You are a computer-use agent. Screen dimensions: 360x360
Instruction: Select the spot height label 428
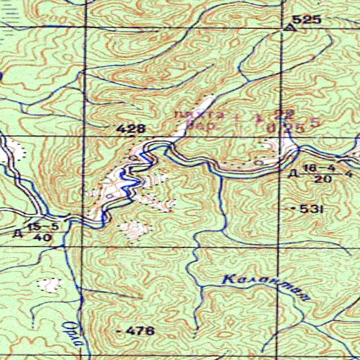coord(131,129)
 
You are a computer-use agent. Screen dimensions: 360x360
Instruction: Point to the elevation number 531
coord(309,210)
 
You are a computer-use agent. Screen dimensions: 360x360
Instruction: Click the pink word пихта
coord(209,113)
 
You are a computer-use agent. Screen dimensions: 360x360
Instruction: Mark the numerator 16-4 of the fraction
coord(319,168)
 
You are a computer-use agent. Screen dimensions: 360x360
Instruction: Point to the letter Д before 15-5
coord(18,231)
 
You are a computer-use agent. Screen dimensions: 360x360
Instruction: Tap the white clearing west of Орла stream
coord(48,285)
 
